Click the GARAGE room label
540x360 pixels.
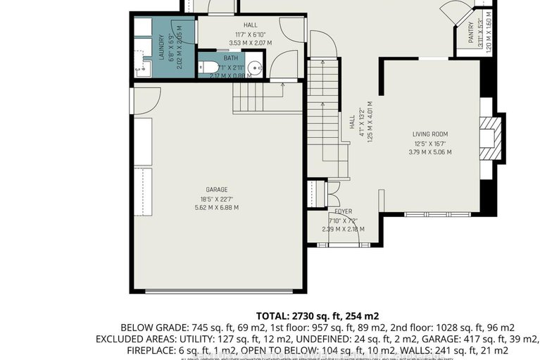click(x=218, y=190)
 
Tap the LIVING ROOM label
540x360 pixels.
click(x=429, y=134)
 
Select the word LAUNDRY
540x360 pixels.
click(x=161, y=47)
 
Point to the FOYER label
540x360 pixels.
click(x=342, y=211)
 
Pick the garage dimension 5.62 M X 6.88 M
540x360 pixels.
click(x=218, y=207)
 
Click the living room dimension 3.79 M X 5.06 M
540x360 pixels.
click(x=429, y=151)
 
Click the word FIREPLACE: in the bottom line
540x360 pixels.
click(x=149, y=350)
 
